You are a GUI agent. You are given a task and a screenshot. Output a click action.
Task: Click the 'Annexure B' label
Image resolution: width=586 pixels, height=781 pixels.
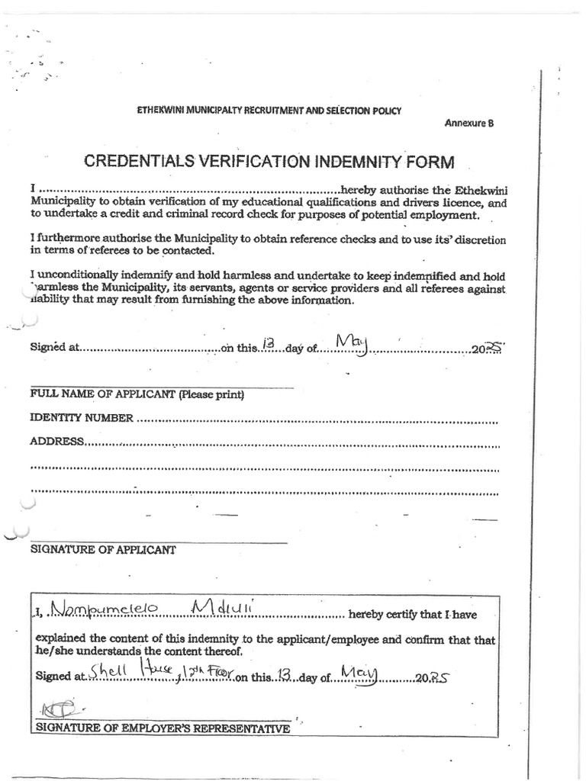468,124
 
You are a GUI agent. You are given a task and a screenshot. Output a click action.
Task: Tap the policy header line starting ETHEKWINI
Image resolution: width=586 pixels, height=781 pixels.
269,111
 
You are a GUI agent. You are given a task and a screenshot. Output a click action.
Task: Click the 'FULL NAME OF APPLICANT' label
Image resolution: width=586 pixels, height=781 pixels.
137,395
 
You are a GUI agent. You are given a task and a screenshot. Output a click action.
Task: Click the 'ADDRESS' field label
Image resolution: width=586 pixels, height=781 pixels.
56,441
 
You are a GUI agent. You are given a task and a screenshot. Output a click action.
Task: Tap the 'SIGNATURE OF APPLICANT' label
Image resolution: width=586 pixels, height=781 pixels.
103,549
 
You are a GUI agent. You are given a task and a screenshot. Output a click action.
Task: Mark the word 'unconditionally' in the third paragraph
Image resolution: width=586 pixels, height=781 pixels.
77,275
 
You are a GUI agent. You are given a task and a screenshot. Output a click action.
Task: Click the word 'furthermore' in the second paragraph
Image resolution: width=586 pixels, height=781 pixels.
70,239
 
